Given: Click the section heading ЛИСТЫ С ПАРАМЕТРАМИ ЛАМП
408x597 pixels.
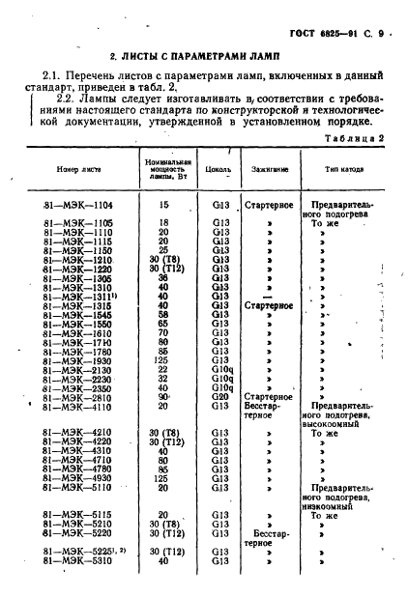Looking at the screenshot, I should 206,58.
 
